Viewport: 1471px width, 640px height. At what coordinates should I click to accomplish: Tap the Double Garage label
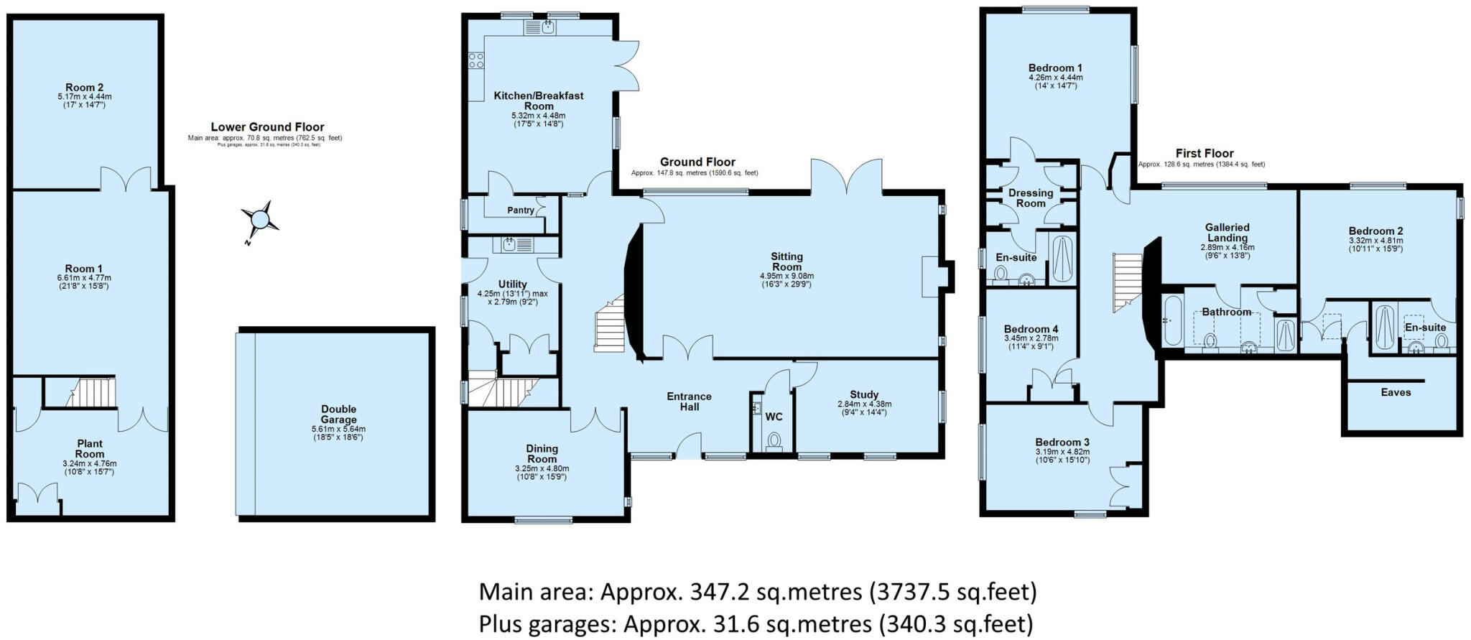[x=338, y=414]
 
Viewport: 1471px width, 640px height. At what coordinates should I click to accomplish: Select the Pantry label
[x=521, y=210]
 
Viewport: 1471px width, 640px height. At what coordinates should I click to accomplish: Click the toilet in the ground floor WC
[x=774, y=439]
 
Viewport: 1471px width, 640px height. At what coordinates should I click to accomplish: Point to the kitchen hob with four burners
[x=476, y=60]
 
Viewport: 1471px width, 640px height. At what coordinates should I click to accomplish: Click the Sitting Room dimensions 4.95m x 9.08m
[x=786, y=276]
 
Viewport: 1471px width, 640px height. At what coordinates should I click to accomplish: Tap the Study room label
[x=864, y=394]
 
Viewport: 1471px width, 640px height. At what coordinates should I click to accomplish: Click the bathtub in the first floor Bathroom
[x=1172, y=320]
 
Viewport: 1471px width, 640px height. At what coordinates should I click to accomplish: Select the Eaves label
[x=1396, y=392]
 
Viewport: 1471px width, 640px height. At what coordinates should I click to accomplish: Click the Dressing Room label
[x=1031, y=198]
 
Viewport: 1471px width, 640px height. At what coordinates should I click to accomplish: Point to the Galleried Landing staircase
[x=1128, y=282]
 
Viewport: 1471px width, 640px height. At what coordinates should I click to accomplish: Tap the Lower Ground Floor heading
[x=267, y=127]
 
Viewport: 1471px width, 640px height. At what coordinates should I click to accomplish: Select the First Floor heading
[x=1205, y=153]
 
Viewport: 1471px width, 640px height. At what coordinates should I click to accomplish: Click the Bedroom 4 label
[x=1031, y=329]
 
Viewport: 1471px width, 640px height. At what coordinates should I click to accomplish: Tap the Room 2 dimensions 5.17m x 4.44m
[x=85, y=96]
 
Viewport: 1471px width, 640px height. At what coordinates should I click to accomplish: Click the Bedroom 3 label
[x=1062, y=442]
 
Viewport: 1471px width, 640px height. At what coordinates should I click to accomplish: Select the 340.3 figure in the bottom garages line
[x=911, y=623]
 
